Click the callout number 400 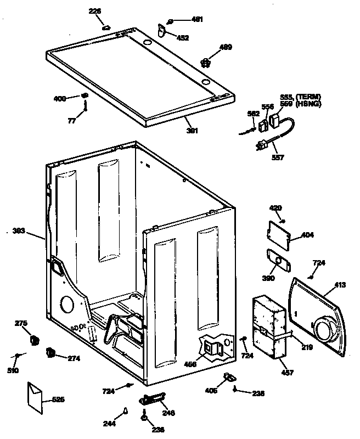tap(59, 98)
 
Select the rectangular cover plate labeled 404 tap(281, 232)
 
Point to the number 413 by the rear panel tap(340, 285)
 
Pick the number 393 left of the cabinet tap(19, 231)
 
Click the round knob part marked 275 tap(35, 340)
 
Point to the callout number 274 tap(74, 359)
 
